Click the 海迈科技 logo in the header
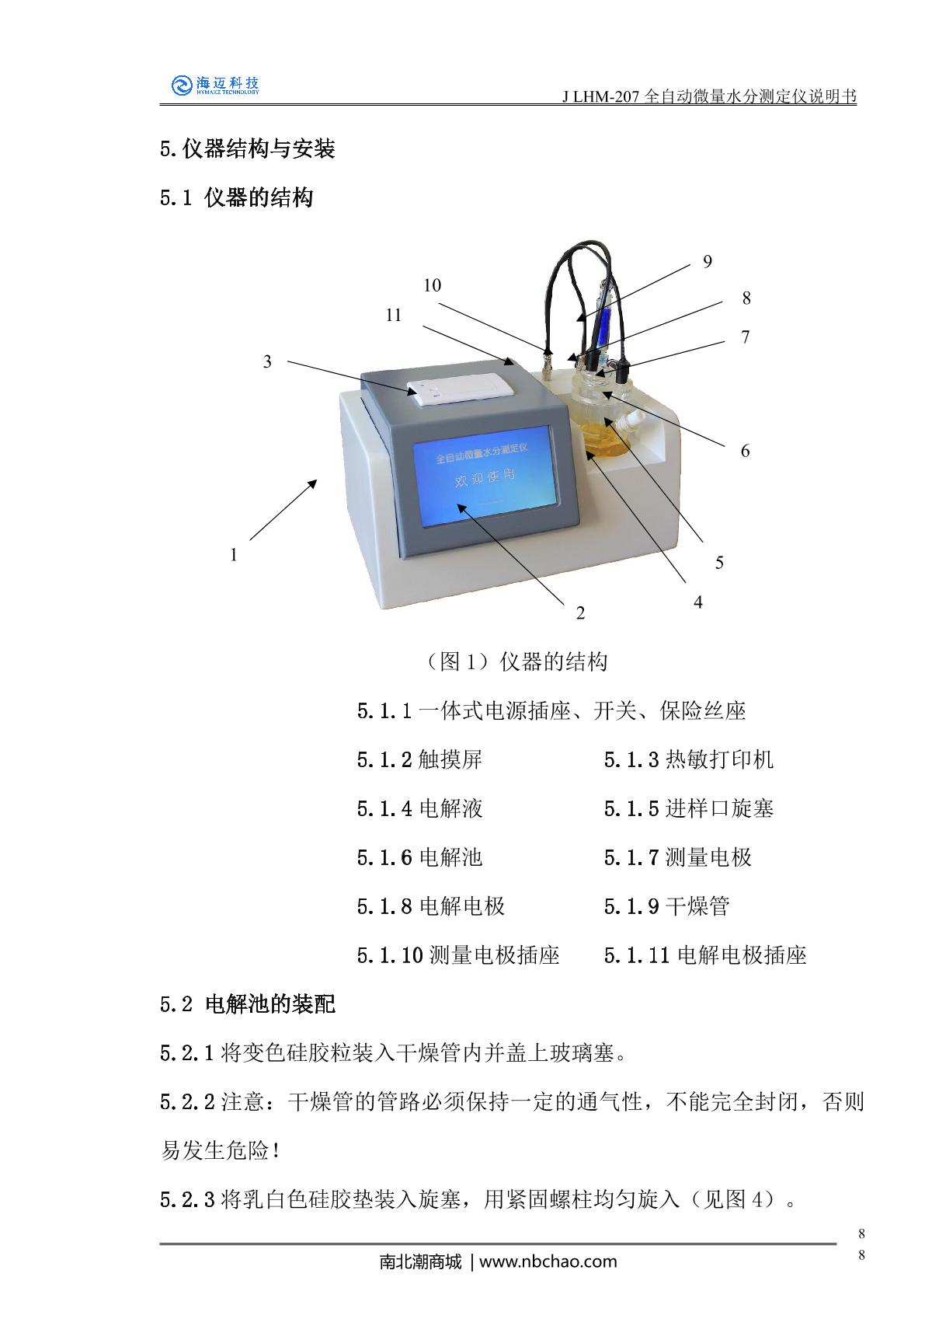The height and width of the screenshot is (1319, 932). click(215, 85)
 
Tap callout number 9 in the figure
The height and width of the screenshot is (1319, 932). click(708, 261)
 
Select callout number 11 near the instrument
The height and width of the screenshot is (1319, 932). click(393, 315)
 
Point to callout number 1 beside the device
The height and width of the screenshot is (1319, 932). click(234, 554)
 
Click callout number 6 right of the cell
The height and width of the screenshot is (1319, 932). click(745, 451)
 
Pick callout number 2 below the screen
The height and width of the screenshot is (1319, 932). click(580, 613)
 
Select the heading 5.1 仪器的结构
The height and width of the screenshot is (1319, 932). click(236, 198)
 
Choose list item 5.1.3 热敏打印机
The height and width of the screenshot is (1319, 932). click(688, 759)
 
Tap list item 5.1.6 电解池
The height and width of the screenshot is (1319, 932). click(419, 857)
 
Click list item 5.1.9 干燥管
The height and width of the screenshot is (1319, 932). click(666, 906)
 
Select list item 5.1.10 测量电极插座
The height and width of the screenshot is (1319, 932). click(458, 955)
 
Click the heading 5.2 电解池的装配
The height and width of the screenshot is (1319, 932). click(247, 1004)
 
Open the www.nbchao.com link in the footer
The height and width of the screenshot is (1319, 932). click(548, 1261)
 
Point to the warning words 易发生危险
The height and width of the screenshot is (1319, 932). click(215, 1150)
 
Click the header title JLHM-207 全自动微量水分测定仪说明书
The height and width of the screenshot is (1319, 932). click(709, 96)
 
